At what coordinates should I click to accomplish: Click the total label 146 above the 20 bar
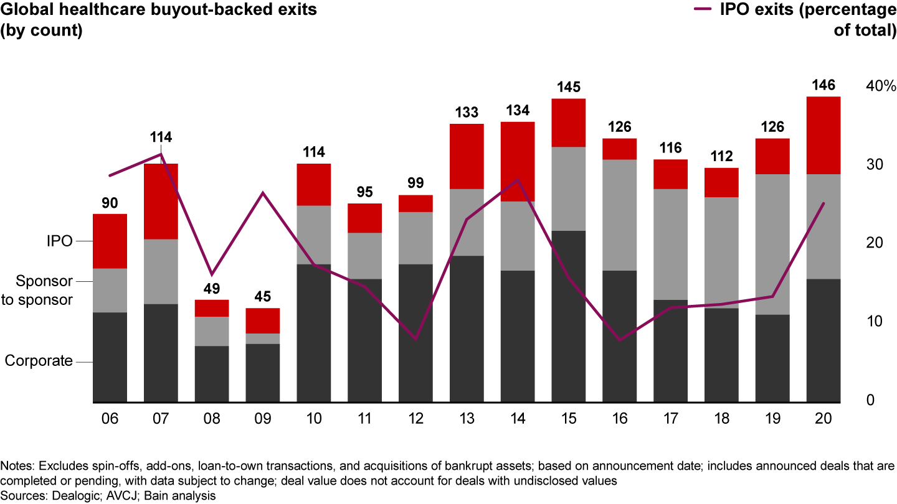click(823, 85)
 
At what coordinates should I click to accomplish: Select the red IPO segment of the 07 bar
click(161, 201)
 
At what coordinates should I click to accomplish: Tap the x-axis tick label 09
click(263, 419)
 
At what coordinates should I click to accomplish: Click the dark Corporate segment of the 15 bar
click(568, 316)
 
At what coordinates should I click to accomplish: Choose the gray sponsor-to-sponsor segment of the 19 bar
click(772, 244)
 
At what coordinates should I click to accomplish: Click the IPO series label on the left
click(60, 241)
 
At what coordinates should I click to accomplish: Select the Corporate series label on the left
click(39, 361)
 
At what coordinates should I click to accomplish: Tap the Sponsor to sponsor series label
click(45, 290)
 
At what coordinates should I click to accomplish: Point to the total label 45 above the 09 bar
click(263, 297)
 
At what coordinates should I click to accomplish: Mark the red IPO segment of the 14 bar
click(518, 161)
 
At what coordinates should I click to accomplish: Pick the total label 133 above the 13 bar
click(467, 112)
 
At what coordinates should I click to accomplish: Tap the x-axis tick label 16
click(620, 419)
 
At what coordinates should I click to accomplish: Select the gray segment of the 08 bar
click(212, 331)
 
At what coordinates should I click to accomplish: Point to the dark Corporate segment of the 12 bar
click(415, 333)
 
